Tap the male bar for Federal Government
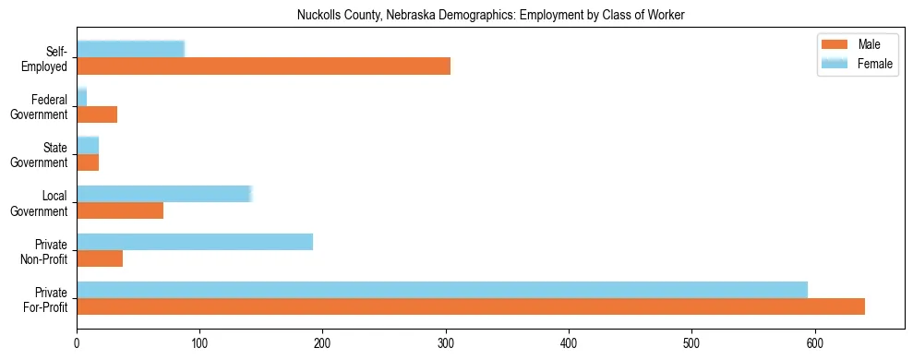tap(97, 114)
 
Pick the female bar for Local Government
tap(163, 194)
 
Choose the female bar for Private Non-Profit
tap(195, 242)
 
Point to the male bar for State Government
tap(88, 162)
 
